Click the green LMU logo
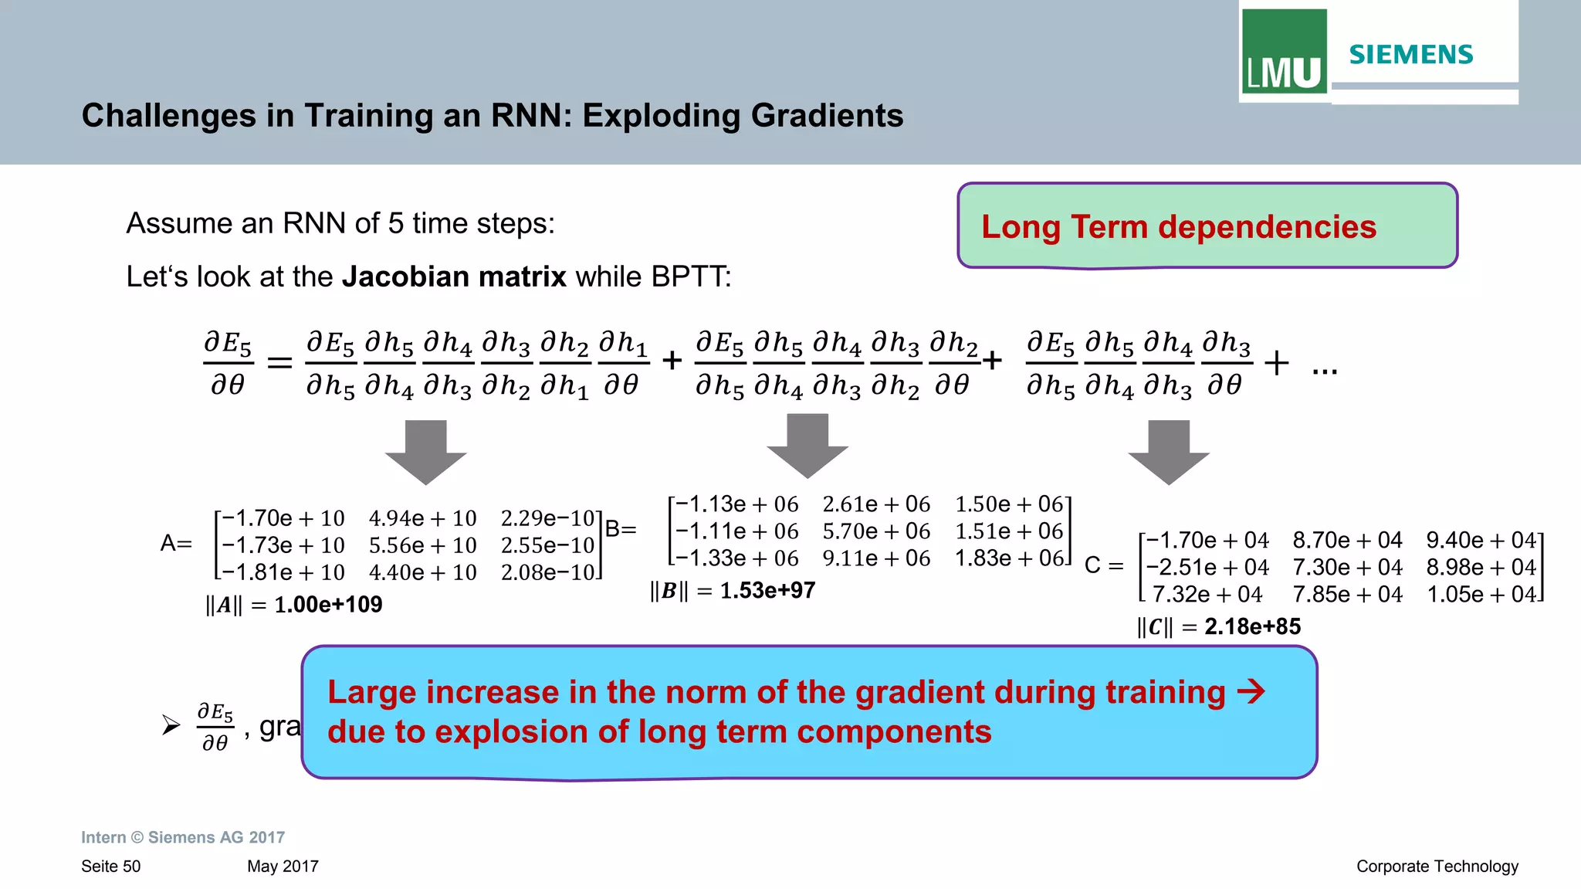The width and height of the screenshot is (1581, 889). [x=1284, y=53]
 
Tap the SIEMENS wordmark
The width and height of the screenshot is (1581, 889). [x=1410, y=55]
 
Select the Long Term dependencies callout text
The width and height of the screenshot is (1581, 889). [x=1178, y=227]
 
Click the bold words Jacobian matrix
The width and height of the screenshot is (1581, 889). [x=454, y=277]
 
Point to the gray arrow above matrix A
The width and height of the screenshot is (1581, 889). [x=426, y=451]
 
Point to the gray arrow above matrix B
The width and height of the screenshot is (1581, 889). [x=807, y=445]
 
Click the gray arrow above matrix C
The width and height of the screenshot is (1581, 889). [x=1169, y=451]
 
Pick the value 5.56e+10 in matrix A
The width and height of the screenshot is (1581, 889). [x=422, y=545]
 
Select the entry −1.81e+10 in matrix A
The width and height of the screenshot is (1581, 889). [x=283, y=572]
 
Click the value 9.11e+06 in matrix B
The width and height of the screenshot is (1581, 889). [x=876, y=558]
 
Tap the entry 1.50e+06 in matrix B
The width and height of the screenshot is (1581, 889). [x=1009, y=504]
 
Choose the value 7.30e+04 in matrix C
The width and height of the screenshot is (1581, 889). [x=1347, y=568]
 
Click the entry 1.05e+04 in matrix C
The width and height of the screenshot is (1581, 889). [x=1481, y=595]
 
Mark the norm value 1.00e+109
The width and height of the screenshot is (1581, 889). [x=328, y=605]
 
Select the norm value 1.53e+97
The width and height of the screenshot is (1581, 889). [x=767, y=591]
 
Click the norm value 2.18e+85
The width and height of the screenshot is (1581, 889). [x=1252, y=627]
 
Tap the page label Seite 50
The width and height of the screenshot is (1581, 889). [x=111, y=867]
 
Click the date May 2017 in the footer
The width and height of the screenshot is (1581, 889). [x=283, y=867]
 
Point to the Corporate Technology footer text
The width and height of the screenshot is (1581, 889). [x=1437, y=867]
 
